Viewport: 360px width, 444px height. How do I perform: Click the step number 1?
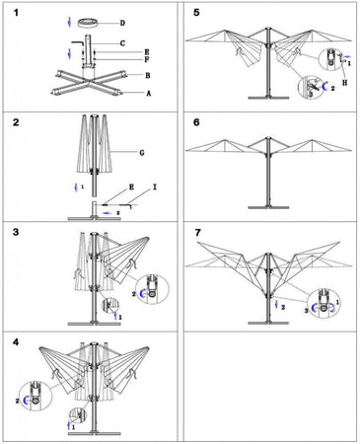pos(16,13)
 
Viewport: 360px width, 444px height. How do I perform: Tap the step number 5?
pos(196,13)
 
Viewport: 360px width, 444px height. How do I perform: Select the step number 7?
pos(197,233)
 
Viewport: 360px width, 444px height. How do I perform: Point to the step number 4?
pos(16,342)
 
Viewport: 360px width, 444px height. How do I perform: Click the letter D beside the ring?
pos(122,23)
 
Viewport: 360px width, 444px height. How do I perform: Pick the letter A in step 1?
pos(149,94)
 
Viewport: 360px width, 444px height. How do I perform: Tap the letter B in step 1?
pos(148,75)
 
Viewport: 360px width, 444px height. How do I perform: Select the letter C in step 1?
pos(122,43)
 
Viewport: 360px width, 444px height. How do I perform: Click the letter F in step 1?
pos(147,59)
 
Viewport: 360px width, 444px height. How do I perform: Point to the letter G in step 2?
pos(142,153)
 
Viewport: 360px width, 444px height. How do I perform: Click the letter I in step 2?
pos(155,186)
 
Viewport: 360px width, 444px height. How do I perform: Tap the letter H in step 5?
pos(344,83)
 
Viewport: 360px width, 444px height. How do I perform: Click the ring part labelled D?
pos(89,23)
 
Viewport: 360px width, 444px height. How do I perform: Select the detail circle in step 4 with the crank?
pos(36,396)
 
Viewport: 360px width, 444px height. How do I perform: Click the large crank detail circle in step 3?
pos(152,289)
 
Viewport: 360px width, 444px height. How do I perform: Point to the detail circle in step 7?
pos(324,303)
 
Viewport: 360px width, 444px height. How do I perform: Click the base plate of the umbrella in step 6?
pos(268,207)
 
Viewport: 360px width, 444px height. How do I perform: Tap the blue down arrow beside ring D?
pos(69,22)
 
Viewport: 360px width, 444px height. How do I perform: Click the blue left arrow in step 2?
pos(108,213)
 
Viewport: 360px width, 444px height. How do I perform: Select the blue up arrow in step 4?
pos(68,426)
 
